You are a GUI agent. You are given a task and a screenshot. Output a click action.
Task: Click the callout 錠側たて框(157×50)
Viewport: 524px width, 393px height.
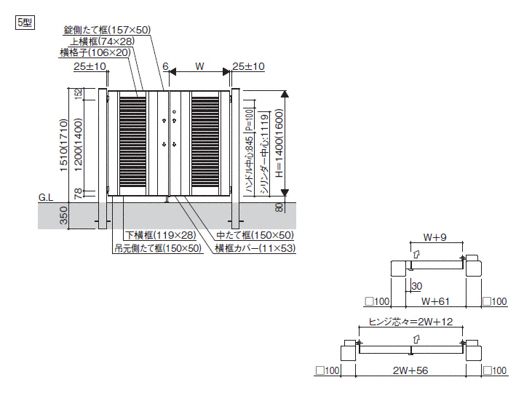(107, 30)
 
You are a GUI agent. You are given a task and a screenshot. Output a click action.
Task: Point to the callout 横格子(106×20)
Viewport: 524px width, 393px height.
(95, 52)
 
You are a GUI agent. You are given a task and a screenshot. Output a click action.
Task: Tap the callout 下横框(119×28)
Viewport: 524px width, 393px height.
(160, 235)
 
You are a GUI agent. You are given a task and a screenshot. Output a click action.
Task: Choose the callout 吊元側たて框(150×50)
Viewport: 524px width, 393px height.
(157, 247)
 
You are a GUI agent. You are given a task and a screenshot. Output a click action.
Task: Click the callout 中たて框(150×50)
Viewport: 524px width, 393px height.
(255, 235)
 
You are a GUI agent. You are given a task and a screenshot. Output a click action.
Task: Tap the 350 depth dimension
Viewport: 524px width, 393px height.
(64, 216)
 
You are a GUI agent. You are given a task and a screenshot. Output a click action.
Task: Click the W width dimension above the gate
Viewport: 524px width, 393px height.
(199, 66)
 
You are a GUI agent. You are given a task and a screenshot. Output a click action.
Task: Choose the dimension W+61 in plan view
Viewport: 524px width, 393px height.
(437, 300)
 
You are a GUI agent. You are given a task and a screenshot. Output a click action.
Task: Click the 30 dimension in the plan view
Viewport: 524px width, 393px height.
(416, 286)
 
